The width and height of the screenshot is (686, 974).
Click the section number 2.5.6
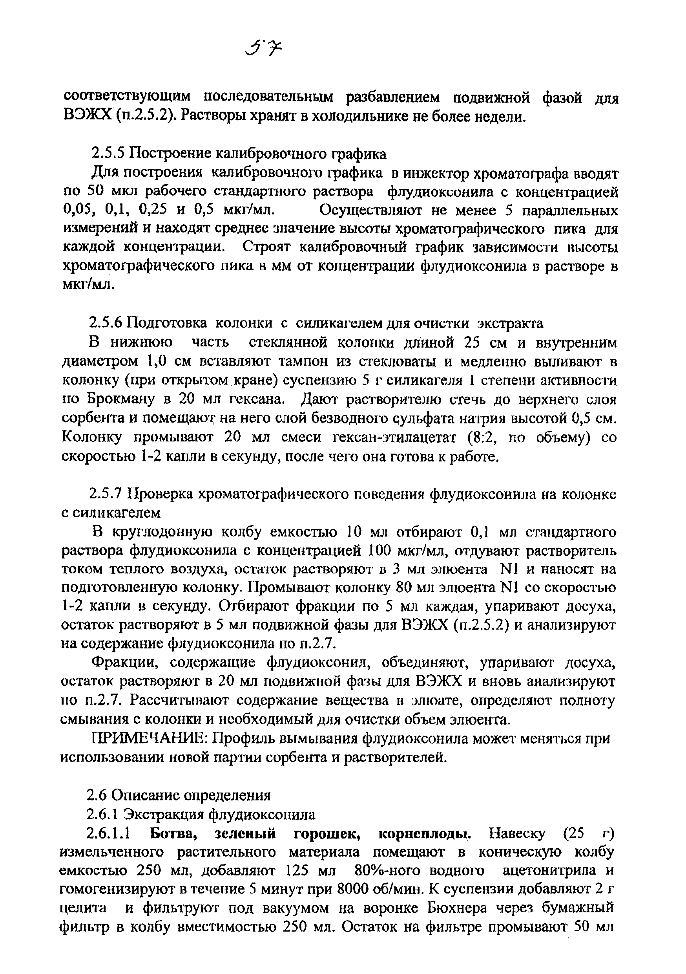pyautogui.click(x=106, y=323)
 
